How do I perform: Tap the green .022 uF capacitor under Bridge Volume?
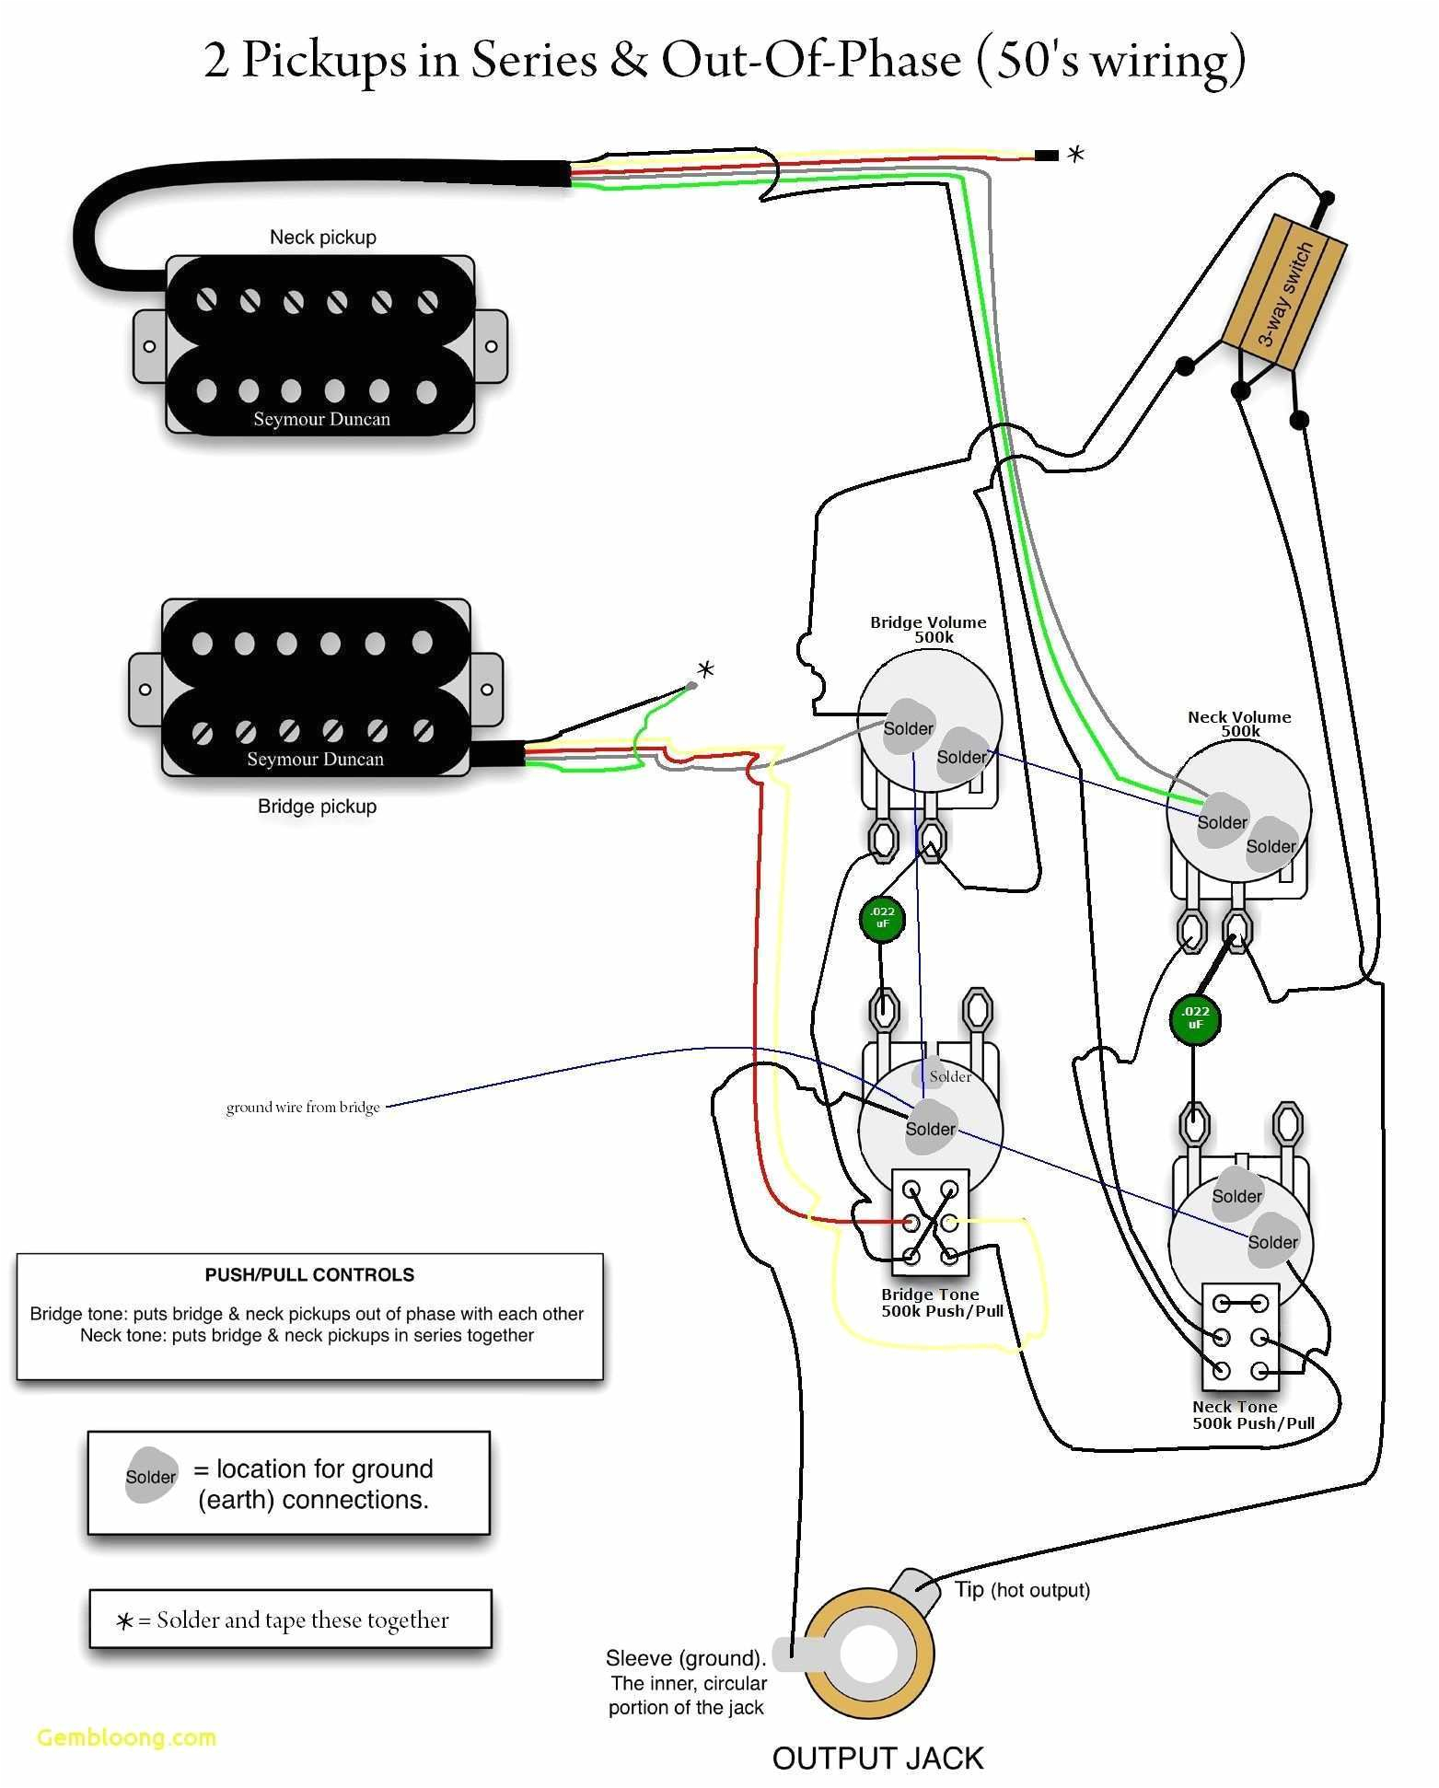pos(882,918)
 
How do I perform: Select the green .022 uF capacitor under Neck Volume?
pos(1194,1017)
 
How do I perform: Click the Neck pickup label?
pos(322,238)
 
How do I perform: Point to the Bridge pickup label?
pos(317,807)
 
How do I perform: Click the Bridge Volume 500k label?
pos(928,630)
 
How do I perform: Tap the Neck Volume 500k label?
pos(1239,724)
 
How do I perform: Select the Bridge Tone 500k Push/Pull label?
pos(942,1303)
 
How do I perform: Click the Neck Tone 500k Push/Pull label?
pos(1252,1415)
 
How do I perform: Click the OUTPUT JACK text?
pos(877,1758)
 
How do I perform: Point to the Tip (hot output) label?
pos(1022,1590)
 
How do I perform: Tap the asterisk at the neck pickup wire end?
pos(1074,155)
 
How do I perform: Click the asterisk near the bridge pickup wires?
pos(705,669)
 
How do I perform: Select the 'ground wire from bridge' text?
pos(303,1107)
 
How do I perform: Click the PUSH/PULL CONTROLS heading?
pos(309,1275)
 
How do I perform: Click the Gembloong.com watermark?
pos(127,1737)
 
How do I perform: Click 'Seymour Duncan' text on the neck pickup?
pos(321,419)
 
